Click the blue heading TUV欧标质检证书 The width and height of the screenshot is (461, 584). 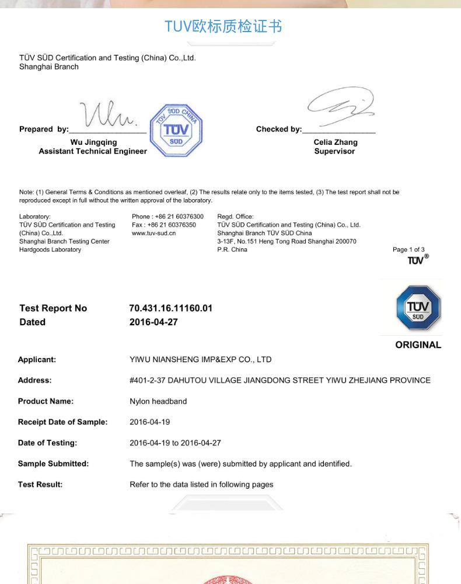click(x=223, y=26)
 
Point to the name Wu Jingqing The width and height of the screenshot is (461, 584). click(x=93, y=142)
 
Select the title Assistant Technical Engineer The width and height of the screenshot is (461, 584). click(x=93, y=151)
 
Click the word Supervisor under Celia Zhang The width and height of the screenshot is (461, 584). click(x=334, y=151)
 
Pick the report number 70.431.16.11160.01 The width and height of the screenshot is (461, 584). click(x=170, y=308)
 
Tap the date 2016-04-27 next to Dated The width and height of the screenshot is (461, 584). click(x=153, y=322)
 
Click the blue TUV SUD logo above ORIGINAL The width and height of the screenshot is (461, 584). click(x=418, y=308)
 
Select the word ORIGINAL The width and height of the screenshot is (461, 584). click(x=418, y=345)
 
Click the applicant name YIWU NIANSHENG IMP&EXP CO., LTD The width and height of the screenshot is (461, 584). click(x=200, y=359)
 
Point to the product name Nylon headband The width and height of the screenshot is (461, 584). click(x=158, y=401)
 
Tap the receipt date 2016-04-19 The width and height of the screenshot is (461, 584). click(x=149, y=422)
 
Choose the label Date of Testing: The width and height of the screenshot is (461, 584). click(x=47, y=443)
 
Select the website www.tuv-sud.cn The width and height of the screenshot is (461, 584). click(x=154, y=233)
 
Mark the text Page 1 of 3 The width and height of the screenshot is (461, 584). click(x=408, y=249)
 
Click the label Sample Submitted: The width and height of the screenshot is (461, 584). click(x=53, y=464)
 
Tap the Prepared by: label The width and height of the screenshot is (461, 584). click(x=44, y=129)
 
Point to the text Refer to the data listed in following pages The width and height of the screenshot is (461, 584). click(x=201, y=484)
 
